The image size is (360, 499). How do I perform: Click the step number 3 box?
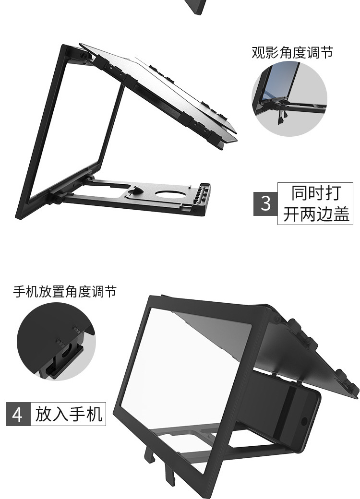(x=265, y=203)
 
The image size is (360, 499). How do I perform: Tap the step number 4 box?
(x=17, y=414)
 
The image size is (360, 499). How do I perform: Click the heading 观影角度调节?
(x=292, y=52)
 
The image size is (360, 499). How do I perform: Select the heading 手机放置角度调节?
(x=64, y=291)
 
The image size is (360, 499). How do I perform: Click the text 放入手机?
(x=69, y=414)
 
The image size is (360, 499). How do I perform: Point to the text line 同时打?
(x=315, y=193)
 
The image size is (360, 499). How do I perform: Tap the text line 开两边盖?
(x=315, y=214)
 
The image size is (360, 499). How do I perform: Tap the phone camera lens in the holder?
(x=304, y=421)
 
